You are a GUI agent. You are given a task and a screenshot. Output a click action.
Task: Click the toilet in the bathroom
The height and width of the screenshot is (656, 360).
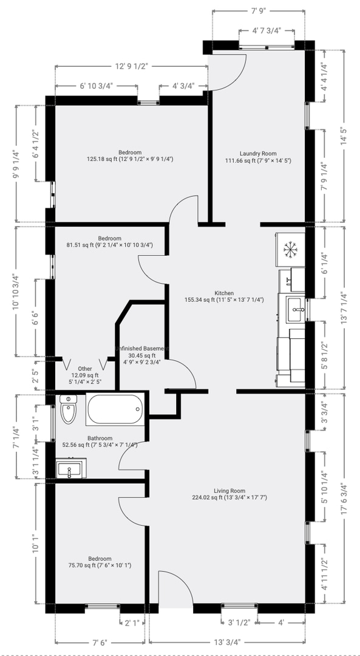coord(69,409)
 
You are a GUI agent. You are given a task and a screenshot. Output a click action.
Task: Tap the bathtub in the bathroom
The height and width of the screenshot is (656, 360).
coord(115,409)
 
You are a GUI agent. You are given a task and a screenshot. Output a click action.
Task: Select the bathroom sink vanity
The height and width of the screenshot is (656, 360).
coord(71,468)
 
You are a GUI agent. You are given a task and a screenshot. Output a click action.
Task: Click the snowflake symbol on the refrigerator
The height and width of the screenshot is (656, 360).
coord(290,250)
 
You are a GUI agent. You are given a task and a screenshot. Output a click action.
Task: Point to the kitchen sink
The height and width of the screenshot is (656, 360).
coord(296,310)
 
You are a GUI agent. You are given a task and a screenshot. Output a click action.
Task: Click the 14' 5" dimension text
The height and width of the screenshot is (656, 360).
coord(344,136)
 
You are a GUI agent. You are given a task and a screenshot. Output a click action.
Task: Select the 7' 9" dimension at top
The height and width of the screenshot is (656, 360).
coord(259,12)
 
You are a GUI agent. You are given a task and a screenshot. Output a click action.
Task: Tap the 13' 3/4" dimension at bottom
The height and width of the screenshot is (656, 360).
coord(226,642)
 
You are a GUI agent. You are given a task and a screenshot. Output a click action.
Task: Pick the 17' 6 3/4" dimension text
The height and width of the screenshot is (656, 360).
coord(344,499)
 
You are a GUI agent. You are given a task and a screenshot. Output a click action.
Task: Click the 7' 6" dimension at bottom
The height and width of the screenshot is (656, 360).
coord(100,642)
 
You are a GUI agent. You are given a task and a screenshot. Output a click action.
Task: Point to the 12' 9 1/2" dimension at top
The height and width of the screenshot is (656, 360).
coord(132,66)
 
